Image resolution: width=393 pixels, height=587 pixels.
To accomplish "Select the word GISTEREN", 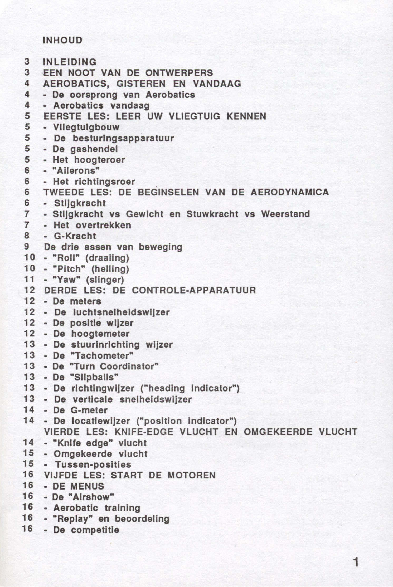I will point(141,84).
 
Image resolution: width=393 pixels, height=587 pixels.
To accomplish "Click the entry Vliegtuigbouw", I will point(86,127).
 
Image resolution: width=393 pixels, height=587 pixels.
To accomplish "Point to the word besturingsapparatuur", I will point(123,138).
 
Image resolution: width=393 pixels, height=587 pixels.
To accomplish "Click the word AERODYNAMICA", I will point(290,192).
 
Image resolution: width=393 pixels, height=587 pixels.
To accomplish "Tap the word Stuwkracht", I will point(212,214).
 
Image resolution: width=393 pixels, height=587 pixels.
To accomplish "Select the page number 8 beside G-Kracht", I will point(27,236).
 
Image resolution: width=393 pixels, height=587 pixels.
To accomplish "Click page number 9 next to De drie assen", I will point(27,247).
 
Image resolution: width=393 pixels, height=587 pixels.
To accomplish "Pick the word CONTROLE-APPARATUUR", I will point(194,290).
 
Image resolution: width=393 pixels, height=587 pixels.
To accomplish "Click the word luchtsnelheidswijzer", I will point(121,312).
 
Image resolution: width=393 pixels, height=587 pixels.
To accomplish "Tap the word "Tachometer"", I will point(101,355).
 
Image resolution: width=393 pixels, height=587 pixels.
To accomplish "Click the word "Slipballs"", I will point(94,377).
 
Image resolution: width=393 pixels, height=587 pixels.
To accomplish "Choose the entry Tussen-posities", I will point(93,464).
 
